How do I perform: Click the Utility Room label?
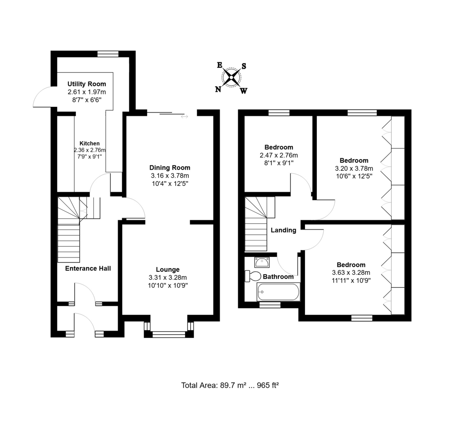tap(87, 84)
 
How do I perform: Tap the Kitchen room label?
tap(89, 143)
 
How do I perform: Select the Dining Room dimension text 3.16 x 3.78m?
tap(170, 176)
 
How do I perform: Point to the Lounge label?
tap(167, 270)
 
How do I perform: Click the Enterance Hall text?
tap(88, 268)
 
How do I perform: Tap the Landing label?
tap(283, 230)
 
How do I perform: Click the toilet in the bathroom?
tap(253, 276)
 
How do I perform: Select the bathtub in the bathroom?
tap(278, 292)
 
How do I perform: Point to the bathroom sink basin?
tap(262, 262)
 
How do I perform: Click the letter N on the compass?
tap(218, 89)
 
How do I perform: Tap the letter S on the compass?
tap(244, 66)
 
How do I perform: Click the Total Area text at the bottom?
tap(230, 385)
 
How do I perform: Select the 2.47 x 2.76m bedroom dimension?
tap(279, 155)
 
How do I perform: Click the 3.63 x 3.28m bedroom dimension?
tap(351, 273)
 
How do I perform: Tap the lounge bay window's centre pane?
tap(169, 335)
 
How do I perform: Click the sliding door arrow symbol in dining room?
tap(184, 116)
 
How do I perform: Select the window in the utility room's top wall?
tap(108, 54)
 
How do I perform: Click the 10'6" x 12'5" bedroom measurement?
tap(354, 176)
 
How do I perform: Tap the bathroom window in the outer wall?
tap(270, 305)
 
